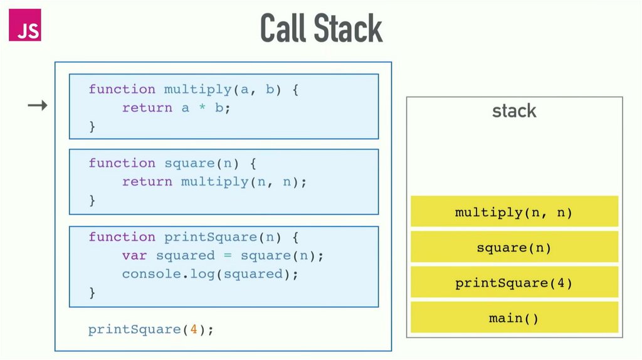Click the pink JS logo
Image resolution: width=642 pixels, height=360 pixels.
[x=24, y=26]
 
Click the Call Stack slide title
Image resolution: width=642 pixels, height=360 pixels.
[x=321, y=28]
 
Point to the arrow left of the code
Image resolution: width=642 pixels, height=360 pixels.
[x=38, y=106]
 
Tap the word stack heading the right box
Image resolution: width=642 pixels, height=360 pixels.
[x=514, y=111]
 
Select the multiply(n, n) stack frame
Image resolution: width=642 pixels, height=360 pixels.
[x=514, y=213]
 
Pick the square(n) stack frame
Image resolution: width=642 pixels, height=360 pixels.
[x=514, y=248]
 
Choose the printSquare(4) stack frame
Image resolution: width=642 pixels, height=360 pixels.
[x=514, y=283]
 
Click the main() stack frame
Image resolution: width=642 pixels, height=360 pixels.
[x=514, y=318]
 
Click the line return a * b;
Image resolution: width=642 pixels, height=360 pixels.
[x=176, y=108]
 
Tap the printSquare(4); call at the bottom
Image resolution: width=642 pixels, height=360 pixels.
[x=151, y=329]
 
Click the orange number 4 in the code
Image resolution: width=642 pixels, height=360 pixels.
[x=194, y=329]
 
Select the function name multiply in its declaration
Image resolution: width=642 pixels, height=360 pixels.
[x=197, y=89]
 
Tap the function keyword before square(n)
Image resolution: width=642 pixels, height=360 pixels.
[x=122, y=163]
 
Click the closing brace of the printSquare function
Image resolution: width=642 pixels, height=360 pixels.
[x=92, y=292]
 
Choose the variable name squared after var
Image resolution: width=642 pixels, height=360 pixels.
[x=185, y=256]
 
